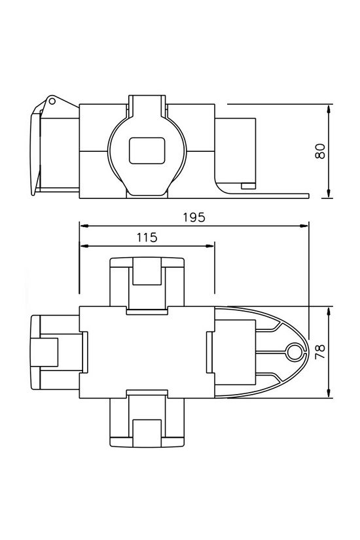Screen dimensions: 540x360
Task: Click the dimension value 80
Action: coord(320,151)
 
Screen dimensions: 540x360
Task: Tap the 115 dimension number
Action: coord(147,238)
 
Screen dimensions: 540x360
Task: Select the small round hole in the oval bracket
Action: coord(293,352)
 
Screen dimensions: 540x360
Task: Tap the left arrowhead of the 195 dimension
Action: coord(82,226)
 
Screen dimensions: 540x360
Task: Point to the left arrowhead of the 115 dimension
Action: coord(82,246)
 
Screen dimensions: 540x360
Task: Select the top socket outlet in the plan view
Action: coord(146,282)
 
